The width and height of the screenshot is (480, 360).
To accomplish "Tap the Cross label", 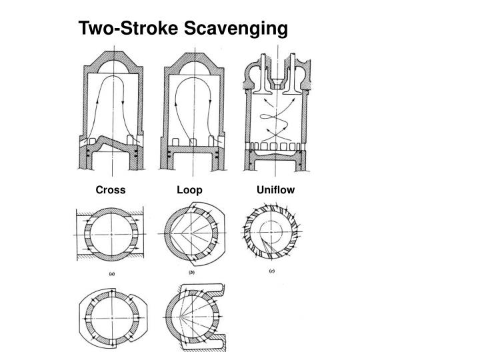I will pyautogui.click(x=111, y=191).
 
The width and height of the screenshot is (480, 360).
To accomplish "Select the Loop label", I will pyautogui.click(x=189, y=191).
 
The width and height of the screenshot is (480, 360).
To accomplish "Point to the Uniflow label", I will pyautogui.click(x=275, y=190).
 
